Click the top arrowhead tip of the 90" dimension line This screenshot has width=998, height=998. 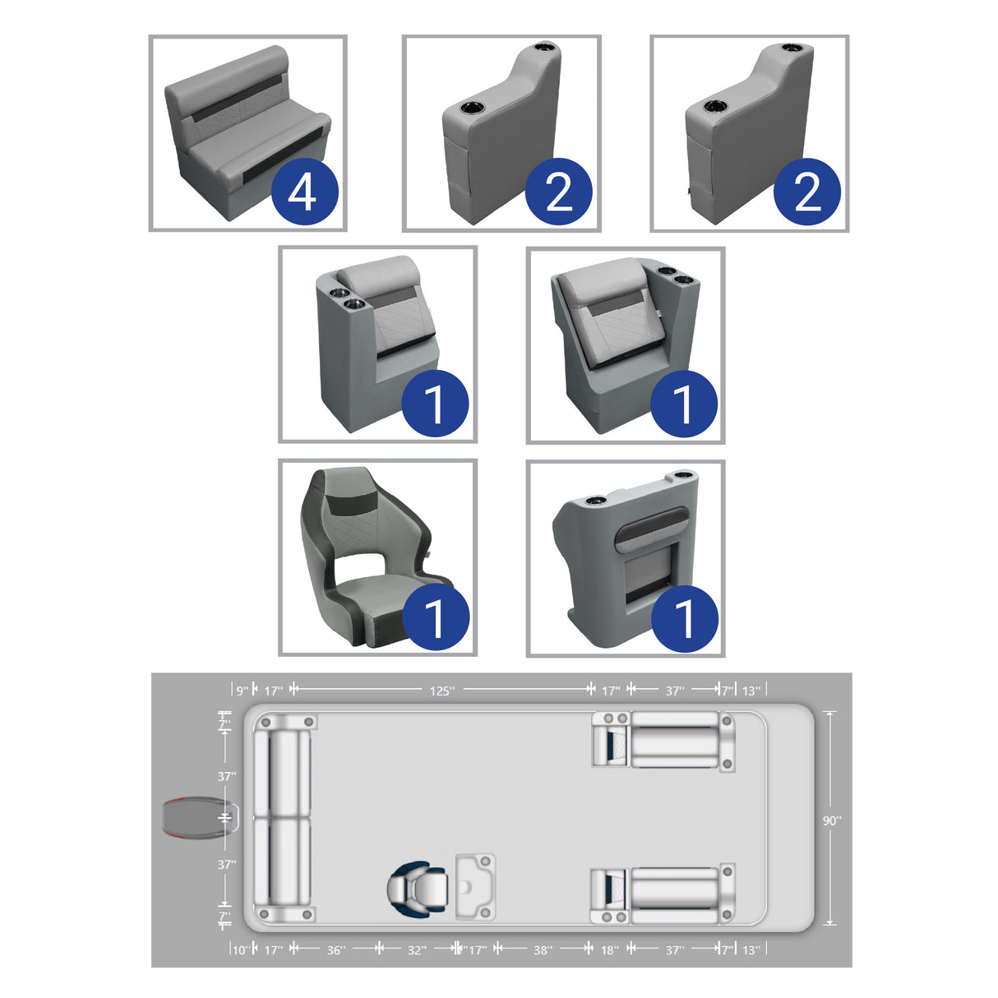click(x=829, y=712)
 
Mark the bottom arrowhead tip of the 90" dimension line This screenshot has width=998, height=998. click(x=829, y=923)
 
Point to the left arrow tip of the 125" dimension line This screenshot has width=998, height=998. click(x=294, y=689)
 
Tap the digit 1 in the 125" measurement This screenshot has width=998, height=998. click(x=432, y=691)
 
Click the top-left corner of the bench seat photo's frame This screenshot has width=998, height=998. click(x=149, y=35)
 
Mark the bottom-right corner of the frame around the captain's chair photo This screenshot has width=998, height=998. click(x=477, y=656)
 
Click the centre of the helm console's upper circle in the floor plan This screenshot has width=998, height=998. click(x=485, y=862)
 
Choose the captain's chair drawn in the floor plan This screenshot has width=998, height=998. click(x=417, y=889)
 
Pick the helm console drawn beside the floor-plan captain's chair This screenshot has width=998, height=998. click(x=475, y=887)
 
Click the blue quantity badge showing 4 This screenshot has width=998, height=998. click(x=304, y=191)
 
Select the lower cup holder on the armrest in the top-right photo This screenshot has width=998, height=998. click(x=714, y=107)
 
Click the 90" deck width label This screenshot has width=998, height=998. click(x=832, y=821)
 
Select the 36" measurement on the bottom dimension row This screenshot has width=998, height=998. click(x=335, y=950)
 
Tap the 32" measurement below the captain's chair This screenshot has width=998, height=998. click(x=417, y=950)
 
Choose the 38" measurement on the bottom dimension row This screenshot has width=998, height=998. click(x=543, y=950)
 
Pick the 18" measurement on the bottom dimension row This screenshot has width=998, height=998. click(x=610, y=950)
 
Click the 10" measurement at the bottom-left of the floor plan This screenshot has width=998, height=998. click(x=241, y=950)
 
